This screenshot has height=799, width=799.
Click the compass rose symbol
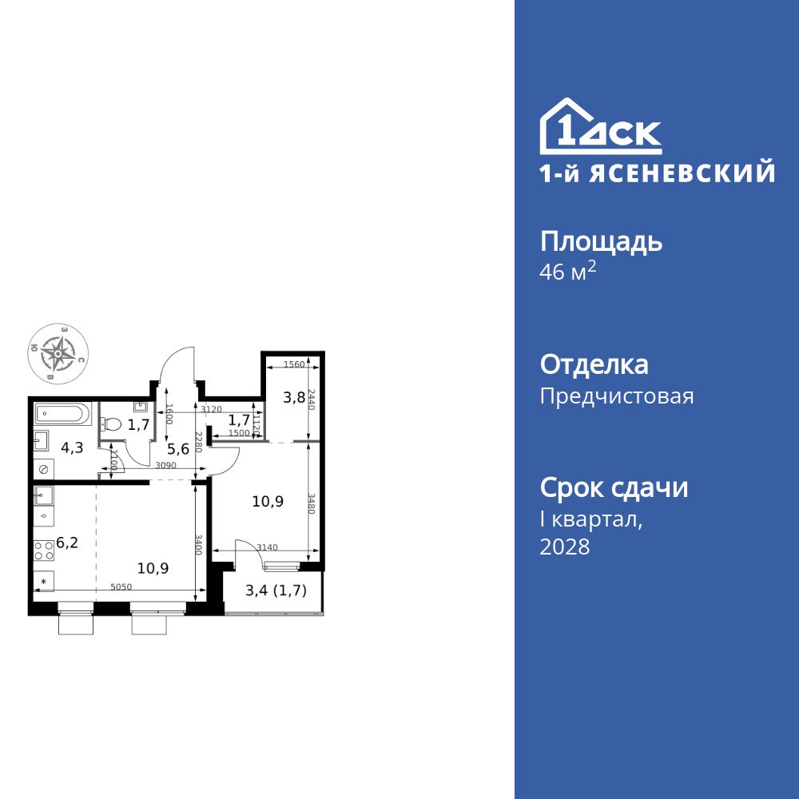tap(58, 352)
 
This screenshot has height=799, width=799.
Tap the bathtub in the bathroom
tap(62, 415)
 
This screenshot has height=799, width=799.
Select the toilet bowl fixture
tap(111, 424)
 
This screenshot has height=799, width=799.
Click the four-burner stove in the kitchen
tap(43, 549)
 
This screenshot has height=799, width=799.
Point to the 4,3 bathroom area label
tap(72, 448)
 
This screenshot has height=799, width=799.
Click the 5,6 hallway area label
tap(179, 448)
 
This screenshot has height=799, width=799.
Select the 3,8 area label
tap(295, 397)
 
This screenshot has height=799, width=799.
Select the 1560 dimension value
tap(294, 364)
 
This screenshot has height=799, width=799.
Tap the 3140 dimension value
tap(266, 547)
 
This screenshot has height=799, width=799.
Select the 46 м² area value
tap(568, 272)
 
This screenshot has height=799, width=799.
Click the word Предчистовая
tap(617, 396)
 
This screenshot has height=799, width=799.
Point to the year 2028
tap(565, 547)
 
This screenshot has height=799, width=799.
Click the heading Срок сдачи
tap(614, 487)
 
